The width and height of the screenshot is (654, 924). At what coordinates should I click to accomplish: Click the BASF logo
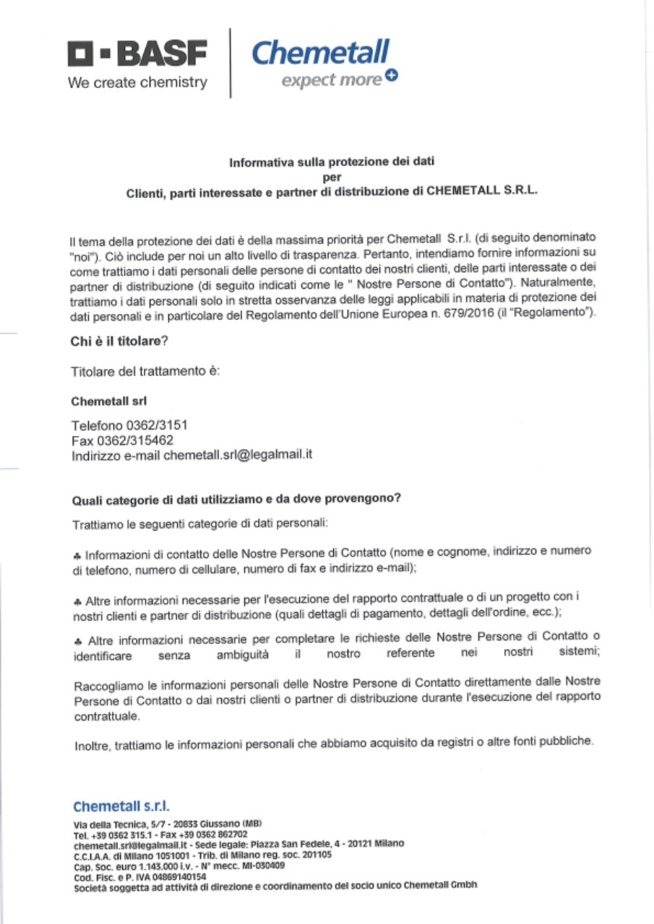(x=137, y=53)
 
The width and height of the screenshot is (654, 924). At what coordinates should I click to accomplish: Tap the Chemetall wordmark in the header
(x=320, y=53)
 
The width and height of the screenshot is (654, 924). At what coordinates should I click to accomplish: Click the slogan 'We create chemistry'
(x=137, y=82)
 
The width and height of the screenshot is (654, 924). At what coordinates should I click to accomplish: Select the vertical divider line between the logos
(x=230, y=63)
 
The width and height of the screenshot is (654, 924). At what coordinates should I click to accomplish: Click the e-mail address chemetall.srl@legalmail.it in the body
(x=238, y=456)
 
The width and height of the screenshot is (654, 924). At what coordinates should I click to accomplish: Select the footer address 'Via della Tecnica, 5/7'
(x=119, y=824)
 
